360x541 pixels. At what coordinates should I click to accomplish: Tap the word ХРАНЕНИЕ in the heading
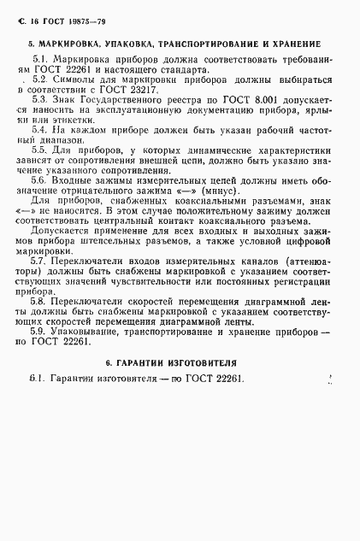[x=296, y=43]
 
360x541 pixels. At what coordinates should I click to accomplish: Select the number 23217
[x=185, y=88]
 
